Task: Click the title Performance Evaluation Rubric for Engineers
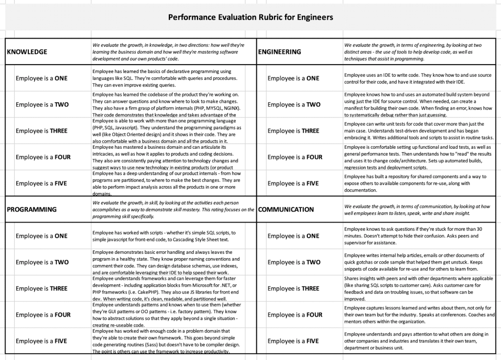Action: [250, 18]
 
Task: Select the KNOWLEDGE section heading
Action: [27, 52]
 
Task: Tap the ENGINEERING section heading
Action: [279, 52]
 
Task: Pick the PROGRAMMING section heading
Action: [31, 209]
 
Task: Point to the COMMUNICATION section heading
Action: [286, 209]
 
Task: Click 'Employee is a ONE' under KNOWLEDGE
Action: [42, 78]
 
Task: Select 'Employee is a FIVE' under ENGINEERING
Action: [293, 183]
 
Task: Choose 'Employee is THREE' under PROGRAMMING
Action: [42, 289]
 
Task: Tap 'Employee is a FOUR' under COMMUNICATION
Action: [295, 315]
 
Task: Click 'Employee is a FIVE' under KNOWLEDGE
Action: [42, 183]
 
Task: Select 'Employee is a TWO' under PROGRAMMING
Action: [42, 262]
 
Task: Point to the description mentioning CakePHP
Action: [166, 289]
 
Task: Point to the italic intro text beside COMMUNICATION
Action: [417, 210]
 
